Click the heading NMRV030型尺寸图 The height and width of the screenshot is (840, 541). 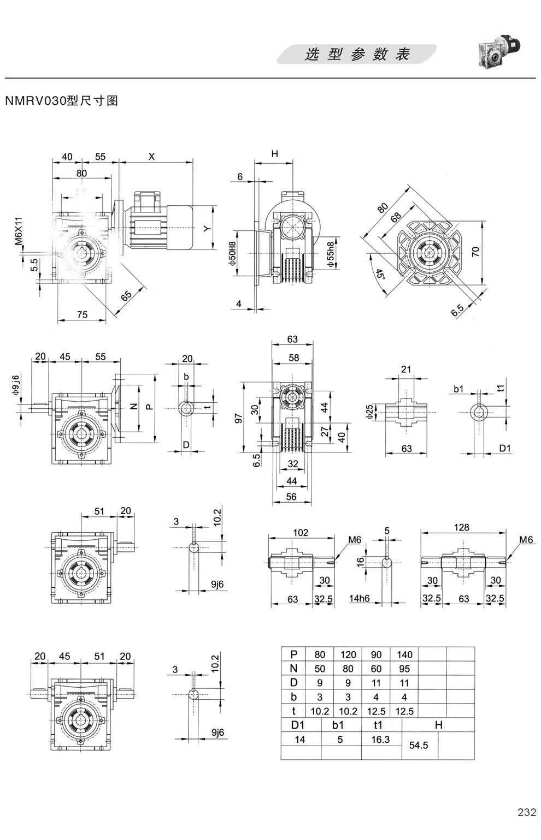(x=61, y=101)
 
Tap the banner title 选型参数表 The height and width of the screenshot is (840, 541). (x=357, y=55)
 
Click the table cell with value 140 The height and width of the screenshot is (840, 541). (x=404, y=654)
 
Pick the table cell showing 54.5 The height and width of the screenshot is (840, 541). (x=418, y=745)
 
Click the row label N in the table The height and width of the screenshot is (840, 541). (x=294, y=669)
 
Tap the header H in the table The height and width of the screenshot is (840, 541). (x=438, y=725)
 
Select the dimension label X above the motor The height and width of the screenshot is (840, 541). (x=152, y=157)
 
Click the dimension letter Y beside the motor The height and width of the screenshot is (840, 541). (x=207, y=229)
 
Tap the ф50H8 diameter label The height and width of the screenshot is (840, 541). (x=233, y=254)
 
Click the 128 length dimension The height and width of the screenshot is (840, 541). (x=462, y=527)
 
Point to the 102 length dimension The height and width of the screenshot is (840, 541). (x=301, y=533)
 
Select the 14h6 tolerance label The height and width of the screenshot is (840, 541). (x=360, y=598)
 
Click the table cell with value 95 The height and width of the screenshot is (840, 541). (x=404, y=669)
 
